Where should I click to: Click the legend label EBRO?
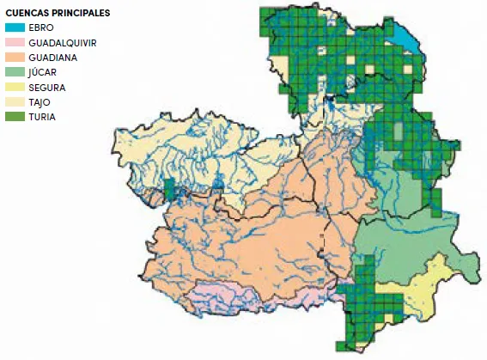click(x=40, y=27)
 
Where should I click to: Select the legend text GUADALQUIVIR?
click(x=62, y=42)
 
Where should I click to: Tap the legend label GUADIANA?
click(x=53, y=57)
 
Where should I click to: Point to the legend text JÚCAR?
click(x=43, y=72)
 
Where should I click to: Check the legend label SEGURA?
click(x=46, y=87)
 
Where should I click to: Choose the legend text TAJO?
click(x=40, y=101)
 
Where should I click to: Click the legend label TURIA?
click(x=42, y=116)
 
